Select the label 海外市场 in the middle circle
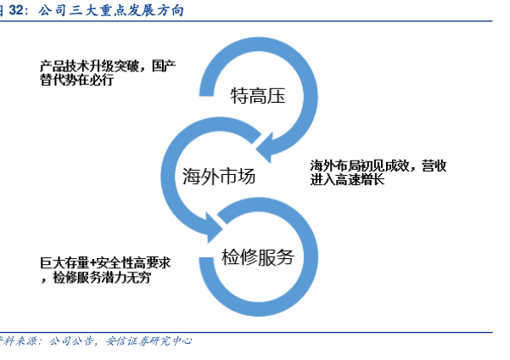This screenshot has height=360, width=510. point(219,177)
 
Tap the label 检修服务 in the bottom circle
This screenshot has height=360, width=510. point(257,256)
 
